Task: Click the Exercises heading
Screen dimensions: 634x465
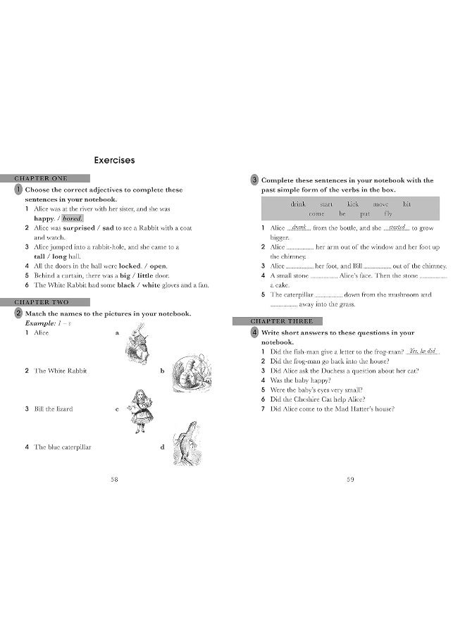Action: tap(114, 161)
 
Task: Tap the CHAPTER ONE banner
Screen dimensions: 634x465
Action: tap(51, 179)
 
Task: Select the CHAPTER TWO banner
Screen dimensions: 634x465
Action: tap(51, 302)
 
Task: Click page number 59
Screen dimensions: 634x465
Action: tap(350, 480)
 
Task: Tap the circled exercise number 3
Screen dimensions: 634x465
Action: tap(255, 180)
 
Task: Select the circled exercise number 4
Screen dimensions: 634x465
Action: tap(255, 332)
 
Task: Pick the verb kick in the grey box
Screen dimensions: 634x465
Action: tap(352, 204)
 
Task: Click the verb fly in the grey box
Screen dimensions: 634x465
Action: tap(388, 213)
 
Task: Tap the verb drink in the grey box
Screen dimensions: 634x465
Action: tap(299, 204)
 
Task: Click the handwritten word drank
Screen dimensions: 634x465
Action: tap(300, 228)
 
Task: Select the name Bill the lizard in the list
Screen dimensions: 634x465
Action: tap(53, 409)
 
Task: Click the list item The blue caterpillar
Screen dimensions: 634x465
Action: tap(62, 447)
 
